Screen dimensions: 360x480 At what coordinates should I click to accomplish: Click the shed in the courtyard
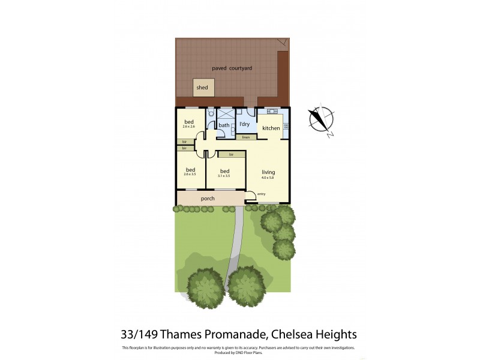(x=202, y=88)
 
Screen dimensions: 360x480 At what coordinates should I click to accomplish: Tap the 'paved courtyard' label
(x=232, y=68)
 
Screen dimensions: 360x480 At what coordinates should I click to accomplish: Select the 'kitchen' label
(x=271, y=128)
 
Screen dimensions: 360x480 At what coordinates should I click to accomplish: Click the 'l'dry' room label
(x=244, y=124)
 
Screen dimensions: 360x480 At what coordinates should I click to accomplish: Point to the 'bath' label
(x=223, y=125)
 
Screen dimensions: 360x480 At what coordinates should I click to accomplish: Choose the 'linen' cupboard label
(x=245, y=137)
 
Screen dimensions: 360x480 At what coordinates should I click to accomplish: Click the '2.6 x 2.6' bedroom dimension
(x=190, y=127)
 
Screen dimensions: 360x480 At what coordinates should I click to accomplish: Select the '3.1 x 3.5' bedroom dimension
(x=226, y=176)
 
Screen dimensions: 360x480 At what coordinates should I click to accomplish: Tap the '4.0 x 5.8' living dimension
(x=268, y=178)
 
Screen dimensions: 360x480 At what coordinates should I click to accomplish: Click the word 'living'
(x=268, y=172)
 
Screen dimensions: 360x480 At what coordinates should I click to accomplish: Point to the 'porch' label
(x=208, y=198)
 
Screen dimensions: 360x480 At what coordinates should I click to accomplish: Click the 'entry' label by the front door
(x=262, y=194)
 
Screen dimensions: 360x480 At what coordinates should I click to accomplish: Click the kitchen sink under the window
(x=269, y=112)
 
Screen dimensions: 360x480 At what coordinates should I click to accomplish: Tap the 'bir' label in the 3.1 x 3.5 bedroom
(x=230, y=154)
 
